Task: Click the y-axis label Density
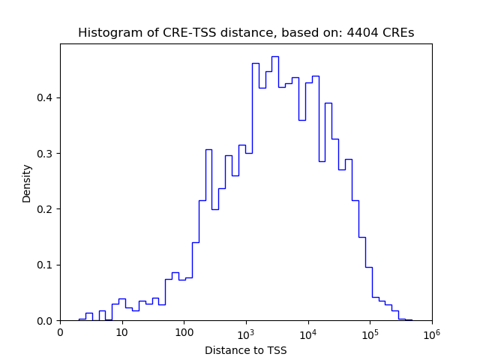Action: pos(27,182)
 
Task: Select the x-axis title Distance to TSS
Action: pos(245,349)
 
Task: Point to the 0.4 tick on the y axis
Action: pos(46,97)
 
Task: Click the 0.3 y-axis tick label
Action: pos(46,154)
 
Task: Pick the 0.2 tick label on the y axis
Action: pos(46,209)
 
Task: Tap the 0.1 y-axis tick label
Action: pos(46,265)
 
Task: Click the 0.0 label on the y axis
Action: pos(46,321)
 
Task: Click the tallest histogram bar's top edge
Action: pos(275,56)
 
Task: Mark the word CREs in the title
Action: pos(399,33)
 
